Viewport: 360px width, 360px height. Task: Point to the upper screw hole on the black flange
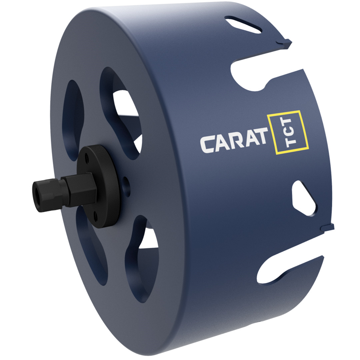pos(87,157)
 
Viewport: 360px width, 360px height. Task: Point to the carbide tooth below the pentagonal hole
pos(329,227)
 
